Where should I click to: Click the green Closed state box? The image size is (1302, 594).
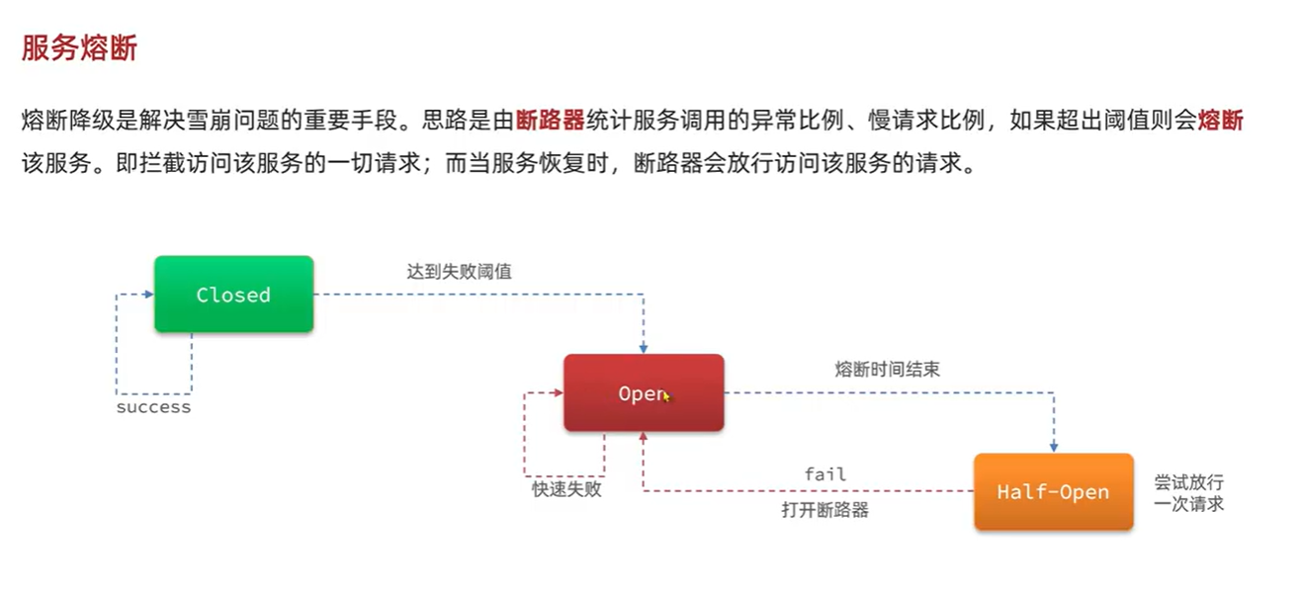[233, 295]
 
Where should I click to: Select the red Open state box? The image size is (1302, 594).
[644, 393]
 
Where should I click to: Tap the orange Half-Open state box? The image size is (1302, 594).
[1053, 492]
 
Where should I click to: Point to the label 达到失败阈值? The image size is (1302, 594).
[459, 271]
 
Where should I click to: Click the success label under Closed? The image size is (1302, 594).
[153, 407]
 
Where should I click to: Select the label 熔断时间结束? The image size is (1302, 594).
[887, 370]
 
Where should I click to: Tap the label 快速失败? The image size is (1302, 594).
[565, 488]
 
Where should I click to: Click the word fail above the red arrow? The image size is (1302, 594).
[825, 474]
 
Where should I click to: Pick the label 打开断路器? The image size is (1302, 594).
[825, 510]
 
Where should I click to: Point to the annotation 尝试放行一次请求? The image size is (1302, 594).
[1188, 492]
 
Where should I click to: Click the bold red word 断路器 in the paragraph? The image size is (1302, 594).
[551, 122]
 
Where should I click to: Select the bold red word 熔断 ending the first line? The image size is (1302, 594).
[1220, 122]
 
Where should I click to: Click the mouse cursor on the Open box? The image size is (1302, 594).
[667, 396]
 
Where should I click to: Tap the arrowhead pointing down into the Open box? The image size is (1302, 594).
[644, 348]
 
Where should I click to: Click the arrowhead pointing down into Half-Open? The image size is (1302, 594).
[1054, 447]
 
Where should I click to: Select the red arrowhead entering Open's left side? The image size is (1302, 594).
[558, 393]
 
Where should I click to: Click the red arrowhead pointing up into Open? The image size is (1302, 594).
[644, 438]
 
